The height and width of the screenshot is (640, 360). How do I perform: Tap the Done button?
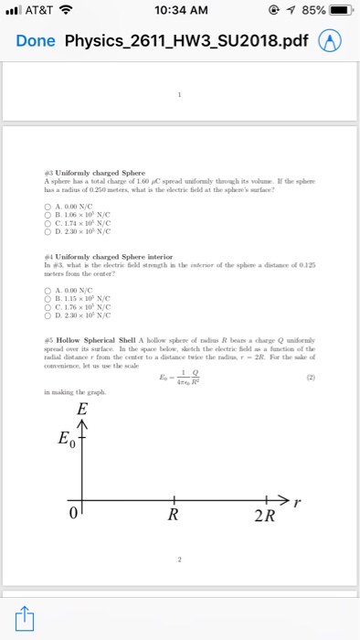pos(36,42)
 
